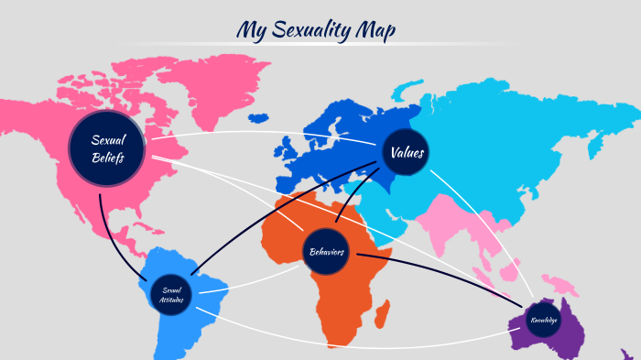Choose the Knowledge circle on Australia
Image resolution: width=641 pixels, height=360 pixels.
pyautogui.click(x=542, y=320)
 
